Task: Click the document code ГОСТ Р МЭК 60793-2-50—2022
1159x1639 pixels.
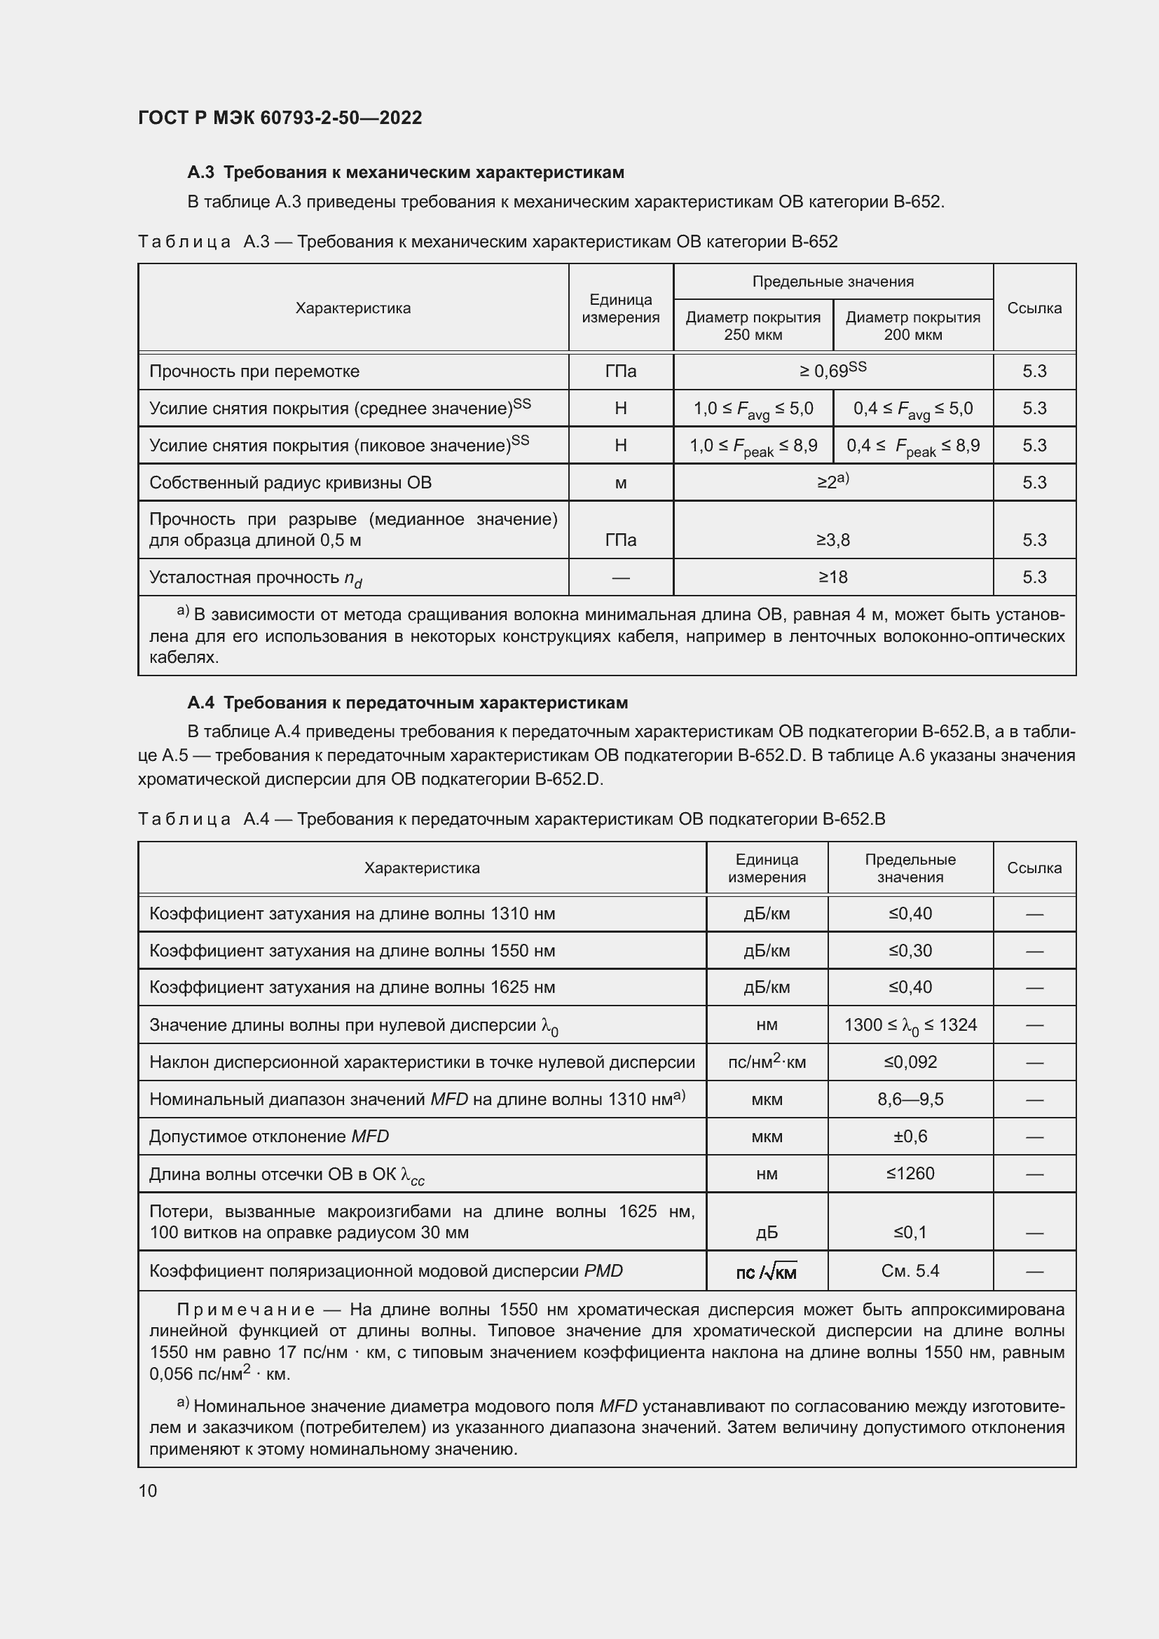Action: pyautogui.click(x=280, y=118)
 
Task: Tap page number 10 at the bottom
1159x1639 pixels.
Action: pyautogui.click(x=148, y=1490)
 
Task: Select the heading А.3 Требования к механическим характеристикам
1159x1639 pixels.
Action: pyautogui.click(x=405, y=172)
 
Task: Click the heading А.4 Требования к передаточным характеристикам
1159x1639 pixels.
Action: pyautogui.click(x=408, y=702)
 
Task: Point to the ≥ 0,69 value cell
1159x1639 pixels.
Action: pyautogui.click(x=833, y=371)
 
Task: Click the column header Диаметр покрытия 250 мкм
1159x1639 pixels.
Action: pyautogui.click(x=753, y=327)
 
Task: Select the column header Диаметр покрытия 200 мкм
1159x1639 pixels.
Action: pyautogui.click(x=913, y=327)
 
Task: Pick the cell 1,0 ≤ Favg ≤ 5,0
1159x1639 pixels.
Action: pyautogui.click(x=753, y=409)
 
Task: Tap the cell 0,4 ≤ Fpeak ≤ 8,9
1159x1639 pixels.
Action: pyautogui.click(x=913, y=446)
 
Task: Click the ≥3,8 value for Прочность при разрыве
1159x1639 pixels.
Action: pyautogui.click(x=833, y=540)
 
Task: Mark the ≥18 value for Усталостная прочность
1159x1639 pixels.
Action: pyautogui.click(x=833, y=577)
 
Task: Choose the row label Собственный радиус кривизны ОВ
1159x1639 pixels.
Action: pyautogui.click(x=291, y=483)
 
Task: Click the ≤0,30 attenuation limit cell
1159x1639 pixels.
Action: pyautogui.click(x=910, y=951)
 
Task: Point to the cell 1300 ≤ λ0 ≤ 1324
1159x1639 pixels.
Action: pyautogui.click(x=910, y=1026)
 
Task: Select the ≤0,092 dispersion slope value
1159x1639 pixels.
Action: pyautogui.click(x=910, y=1062)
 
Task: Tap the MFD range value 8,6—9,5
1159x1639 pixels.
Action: pyautogui.click(x=910, y=1099)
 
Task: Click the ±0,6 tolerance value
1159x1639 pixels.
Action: pyautogui.click(x=910, y=1137)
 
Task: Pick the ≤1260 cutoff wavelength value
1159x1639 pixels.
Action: pyautogui.click(x=910, y=1174)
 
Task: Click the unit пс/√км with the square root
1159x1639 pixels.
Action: pyautogui.click(x=767, y=1271)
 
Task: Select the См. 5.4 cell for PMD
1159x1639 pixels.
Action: pyautogui.click(x=910, y=1270)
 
